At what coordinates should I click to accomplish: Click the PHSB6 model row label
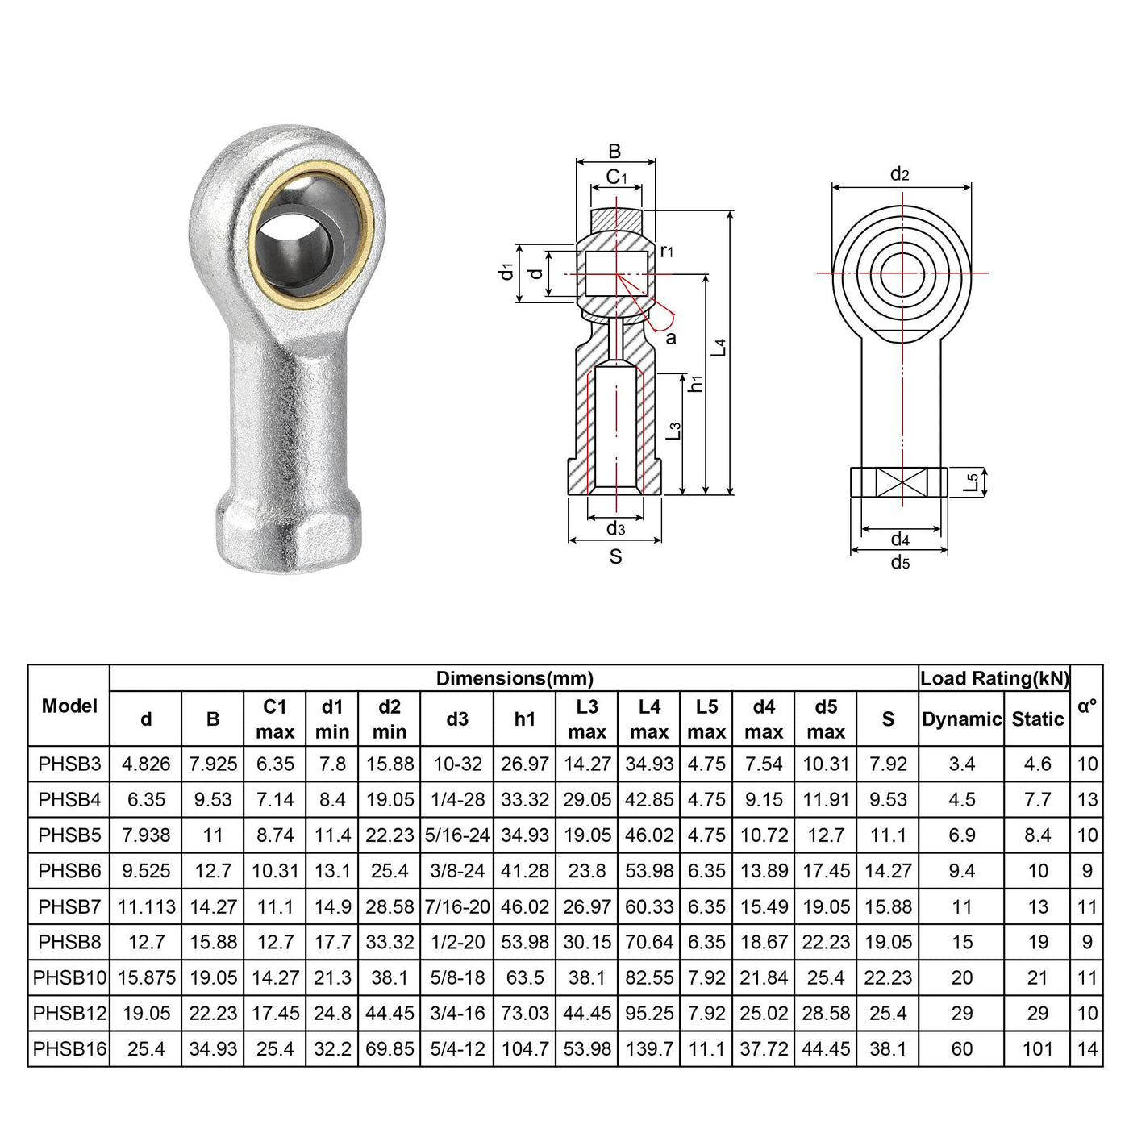[69, 871]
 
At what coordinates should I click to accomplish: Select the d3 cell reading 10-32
[457, 764]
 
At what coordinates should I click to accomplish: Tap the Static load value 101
[1038, 1049]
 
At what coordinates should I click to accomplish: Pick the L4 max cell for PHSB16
[649, 1049]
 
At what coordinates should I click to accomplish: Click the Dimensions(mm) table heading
[515, 678]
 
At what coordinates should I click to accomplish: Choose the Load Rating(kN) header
[994, 678]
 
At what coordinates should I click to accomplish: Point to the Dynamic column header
[961, 719]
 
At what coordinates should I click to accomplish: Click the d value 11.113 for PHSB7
[147, 907]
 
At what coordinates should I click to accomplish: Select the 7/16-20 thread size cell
[457, 907]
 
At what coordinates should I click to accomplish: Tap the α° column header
[1087, 706]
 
